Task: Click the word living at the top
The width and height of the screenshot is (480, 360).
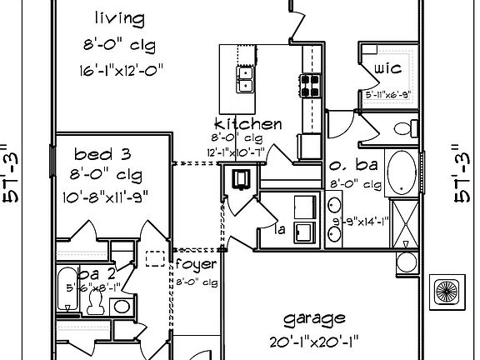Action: (119, 17)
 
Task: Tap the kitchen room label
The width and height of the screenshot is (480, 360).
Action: (247, 124)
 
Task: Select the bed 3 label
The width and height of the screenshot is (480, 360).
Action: (102, 154)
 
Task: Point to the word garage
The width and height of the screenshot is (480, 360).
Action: (314, 318)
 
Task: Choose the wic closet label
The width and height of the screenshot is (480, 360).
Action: (389, 67)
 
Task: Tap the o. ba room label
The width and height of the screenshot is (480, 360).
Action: (355, 165)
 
